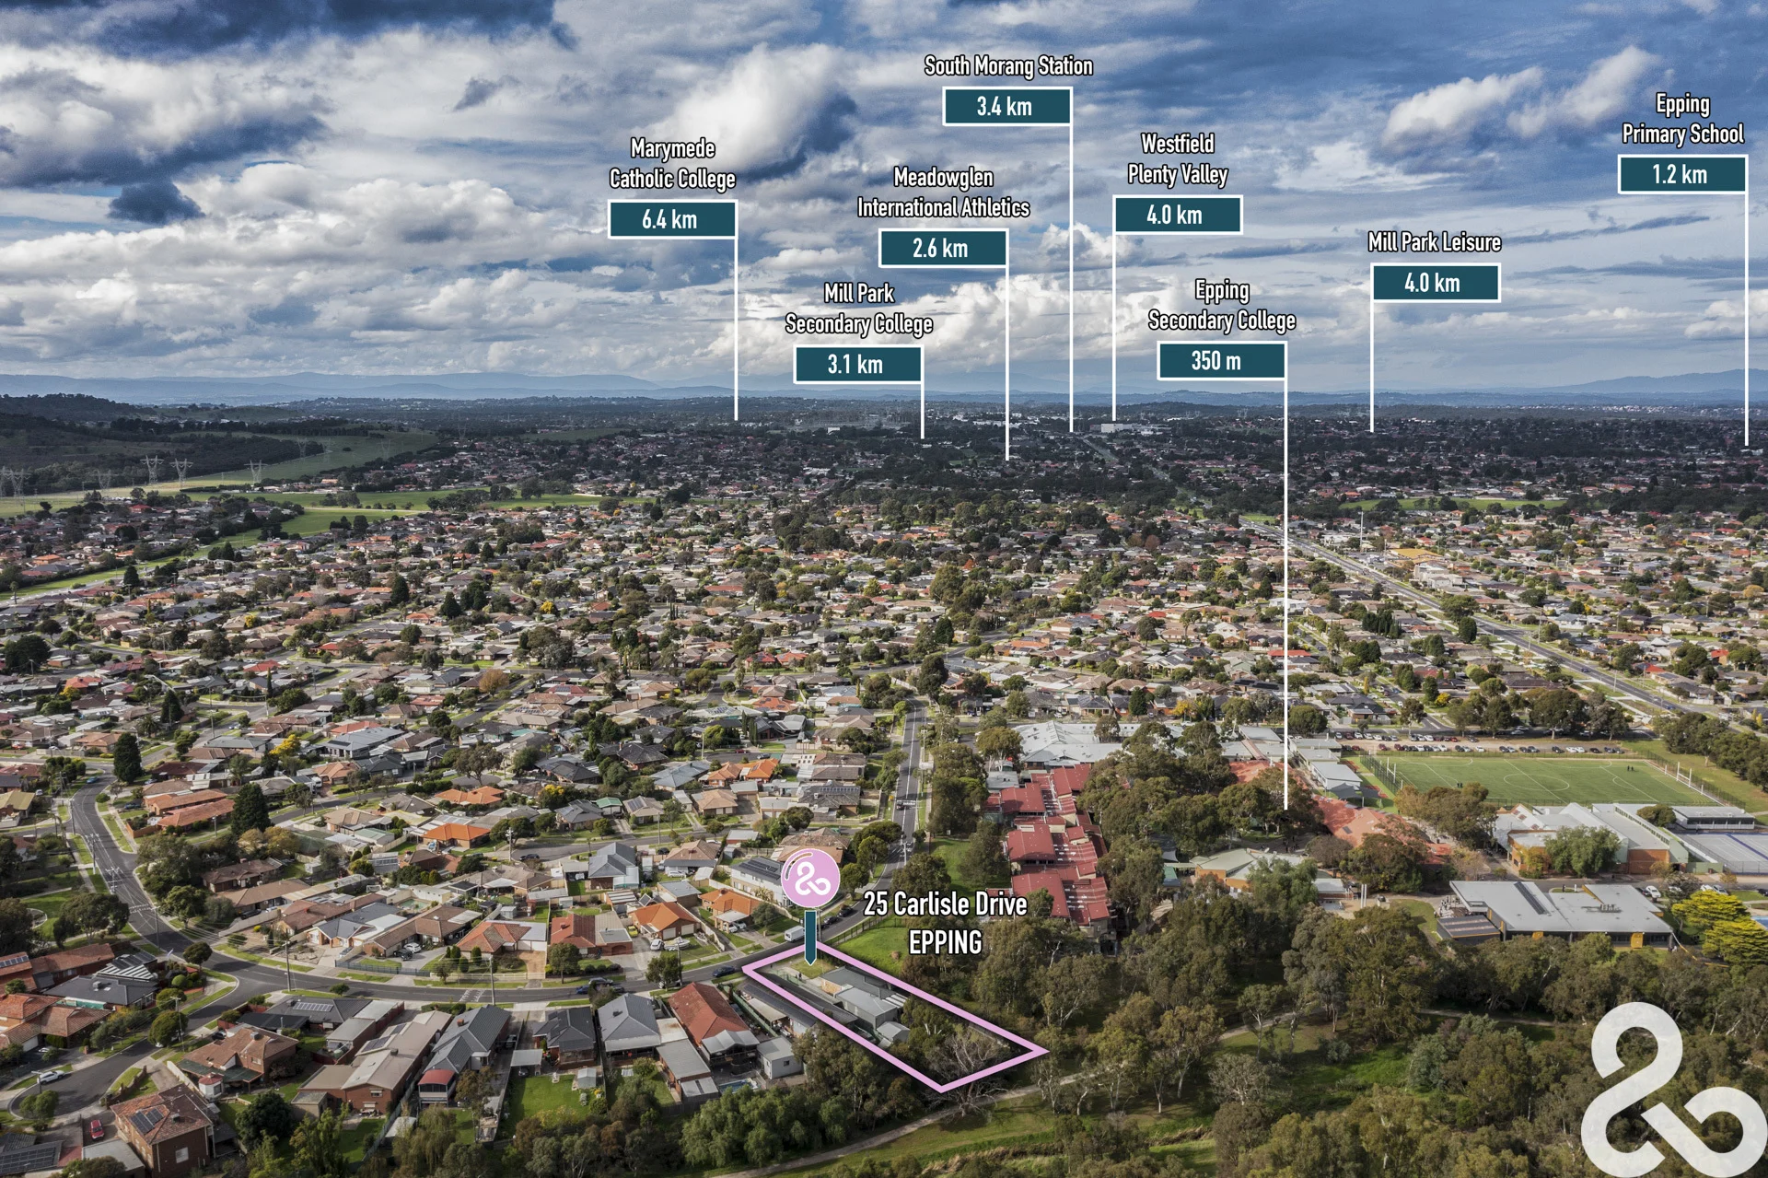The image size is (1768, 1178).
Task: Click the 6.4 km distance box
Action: click(671, 219)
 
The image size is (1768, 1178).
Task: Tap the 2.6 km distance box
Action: click(942, 248)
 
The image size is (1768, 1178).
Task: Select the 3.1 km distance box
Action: click(857, 364)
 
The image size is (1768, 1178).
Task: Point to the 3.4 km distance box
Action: click(1006, 106)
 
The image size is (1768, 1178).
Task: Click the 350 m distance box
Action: click(1221, 360)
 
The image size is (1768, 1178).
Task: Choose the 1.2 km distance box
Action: click(1681, 174)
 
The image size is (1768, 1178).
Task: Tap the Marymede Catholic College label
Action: click(672, 163)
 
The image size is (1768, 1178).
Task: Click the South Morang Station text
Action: click(1008, 65)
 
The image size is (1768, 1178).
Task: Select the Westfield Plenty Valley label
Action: click(1178, 158)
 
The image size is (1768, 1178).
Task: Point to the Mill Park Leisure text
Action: click(1435, 241)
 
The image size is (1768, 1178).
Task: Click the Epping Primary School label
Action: click(1682, 119)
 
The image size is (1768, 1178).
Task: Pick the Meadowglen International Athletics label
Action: click(943, 192)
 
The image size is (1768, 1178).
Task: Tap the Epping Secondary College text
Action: click(1221, 305)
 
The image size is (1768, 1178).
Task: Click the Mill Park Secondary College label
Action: click(858, 309)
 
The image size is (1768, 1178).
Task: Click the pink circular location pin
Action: click(810, 879)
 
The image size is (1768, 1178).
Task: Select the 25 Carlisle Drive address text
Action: click(945, 904)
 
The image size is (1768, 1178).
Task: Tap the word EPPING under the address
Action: click(945, 942)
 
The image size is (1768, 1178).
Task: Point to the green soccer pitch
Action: click(1533, 779)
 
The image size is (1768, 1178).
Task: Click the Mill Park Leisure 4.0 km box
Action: click(1436, 283)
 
